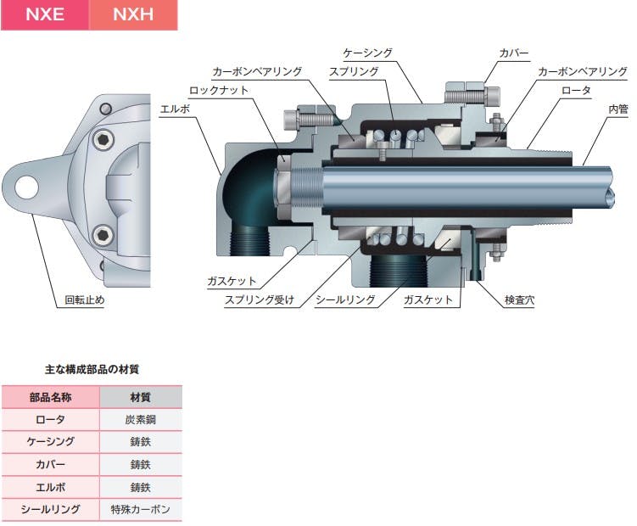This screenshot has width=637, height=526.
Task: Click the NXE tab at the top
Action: click(45, 14)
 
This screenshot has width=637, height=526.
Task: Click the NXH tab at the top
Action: click(133, 14)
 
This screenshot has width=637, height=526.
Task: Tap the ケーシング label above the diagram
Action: click(367, 53)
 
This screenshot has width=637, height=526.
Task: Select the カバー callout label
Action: click(514, 53)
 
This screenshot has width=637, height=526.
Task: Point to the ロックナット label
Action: click(219, 90)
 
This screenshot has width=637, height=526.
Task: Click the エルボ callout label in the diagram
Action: click(175, 109)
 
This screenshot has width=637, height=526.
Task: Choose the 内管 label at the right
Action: click(617, 109)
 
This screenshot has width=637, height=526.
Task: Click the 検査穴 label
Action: click(519, 300)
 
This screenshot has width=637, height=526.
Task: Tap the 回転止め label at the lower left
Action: click(85, 300)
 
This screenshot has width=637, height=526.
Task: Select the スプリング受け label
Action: click(260, 300)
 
